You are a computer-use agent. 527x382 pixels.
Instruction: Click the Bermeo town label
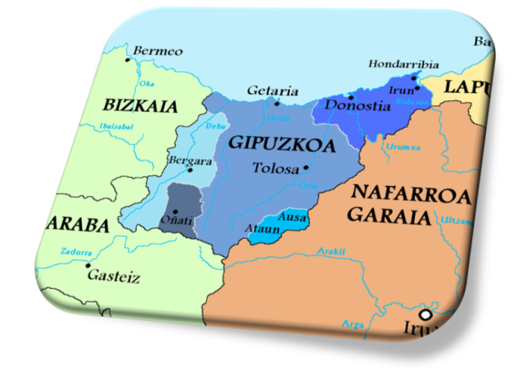tap(157, 51)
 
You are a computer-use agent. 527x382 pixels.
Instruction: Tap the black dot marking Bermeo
tap(128, 58)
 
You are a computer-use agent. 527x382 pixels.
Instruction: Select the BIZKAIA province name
tap(140, 105)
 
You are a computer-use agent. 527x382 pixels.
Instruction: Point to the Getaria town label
tap(273, 91)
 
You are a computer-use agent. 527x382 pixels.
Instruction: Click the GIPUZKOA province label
tap(281, 143)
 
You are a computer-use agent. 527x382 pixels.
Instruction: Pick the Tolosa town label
tap(276, 168)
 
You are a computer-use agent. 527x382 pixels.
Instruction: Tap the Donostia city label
tap(357, 105)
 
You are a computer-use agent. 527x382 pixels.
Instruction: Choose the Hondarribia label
tap(403, 64)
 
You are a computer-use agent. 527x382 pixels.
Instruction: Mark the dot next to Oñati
tap(175, 211)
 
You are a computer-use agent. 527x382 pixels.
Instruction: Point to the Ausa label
tap(292, 217)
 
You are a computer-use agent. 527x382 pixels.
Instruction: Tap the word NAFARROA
tap(411, 193)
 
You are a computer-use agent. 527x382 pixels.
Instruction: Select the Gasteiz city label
tap(114, 277)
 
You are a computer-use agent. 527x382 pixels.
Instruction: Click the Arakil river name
tap(332, 251)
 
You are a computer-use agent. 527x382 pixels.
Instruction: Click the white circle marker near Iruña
tap(426, 314)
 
